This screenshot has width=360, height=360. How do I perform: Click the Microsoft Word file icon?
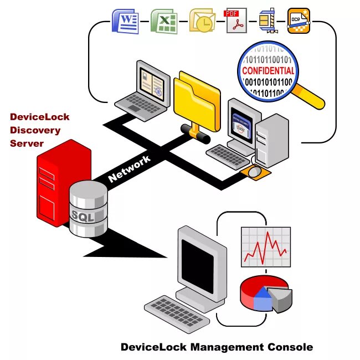(125, 22)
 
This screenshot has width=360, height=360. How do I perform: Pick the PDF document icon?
(236, 21)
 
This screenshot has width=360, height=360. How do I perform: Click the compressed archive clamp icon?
(268, 22)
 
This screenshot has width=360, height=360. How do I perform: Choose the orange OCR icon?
(299, 22)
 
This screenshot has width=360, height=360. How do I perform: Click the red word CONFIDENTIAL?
(268, 71)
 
